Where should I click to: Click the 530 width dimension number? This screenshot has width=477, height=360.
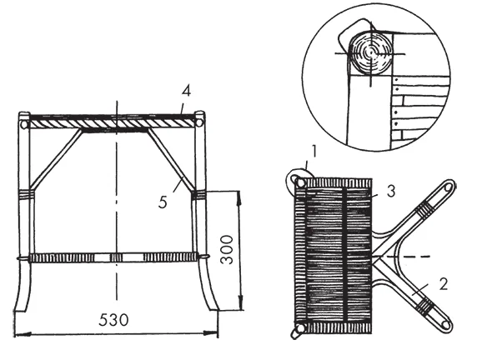click(x=113, y=320)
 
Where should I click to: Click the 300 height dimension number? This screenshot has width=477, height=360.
click(x=227, y=250)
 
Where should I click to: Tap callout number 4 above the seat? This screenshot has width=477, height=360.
click(x=187, y=91)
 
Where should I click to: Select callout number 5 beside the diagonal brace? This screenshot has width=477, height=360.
click(x=163, y=202)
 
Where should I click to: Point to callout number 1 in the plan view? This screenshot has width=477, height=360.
click(x=314, y=152)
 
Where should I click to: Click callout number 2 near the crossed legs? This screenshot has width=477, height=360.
click(x=444, y=285)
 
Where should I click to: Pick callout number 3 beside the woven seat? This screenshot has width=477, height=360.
click(x=391, y=192)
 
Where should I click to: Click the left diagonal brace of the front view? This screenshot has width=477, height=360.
click(x=56, y=159)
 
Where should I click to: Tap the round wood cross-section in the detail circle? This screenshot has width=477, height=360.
click(x=371, y=53)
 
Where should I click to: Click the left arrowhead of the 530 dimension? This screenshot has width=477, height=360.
click(x=23, y=334)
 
